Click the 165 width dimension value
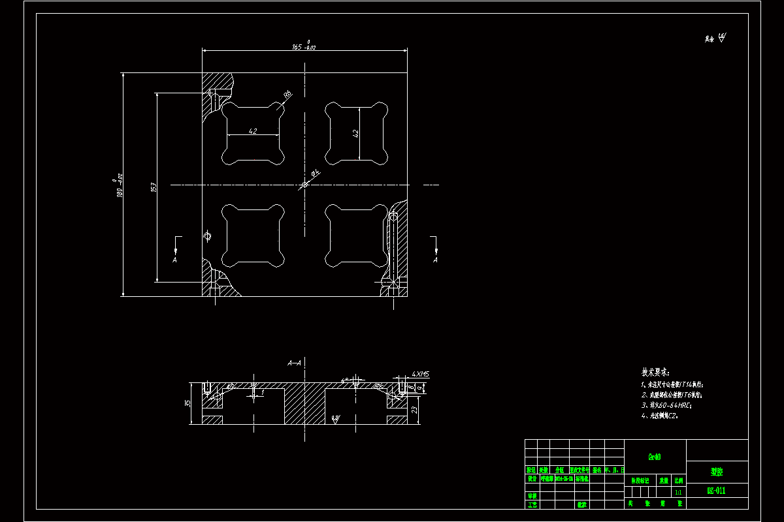click(297, 47)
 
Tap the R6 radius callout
click(287, 95)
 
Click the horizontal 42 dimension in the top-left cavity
click(253, 131)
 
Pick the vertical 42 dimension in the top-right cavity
click(355, 133)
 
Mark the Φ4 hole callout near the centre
click(315, 173)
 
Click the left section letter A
click(174, 260)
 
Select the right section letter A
click(435, 260)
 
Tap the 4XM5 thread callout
click(420, 375)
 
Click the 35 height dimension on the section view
click(188, 403)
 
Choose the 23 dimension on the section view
click(415, 409)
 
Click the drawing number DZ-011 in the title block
click(717, 491)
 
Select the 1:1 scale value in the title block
click(678, 492)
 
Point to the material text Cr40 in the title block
click(654, 457)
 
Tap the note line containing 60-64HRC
click(666, 405)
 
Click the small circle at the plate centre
click(304, 185)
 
